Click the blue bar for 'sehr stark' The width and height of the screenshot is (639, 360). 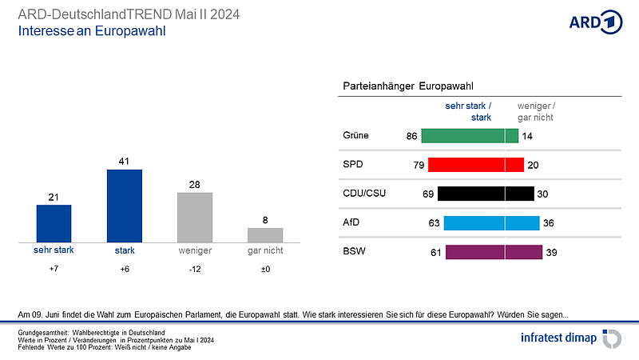pos(54,223)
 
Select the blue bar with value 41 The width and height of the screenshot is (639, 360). pos(125,206)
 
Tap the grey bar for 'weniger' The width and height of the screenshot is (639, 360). pos(195,217)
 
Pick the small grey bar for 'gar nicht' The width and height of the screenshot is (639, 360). pos(265,234)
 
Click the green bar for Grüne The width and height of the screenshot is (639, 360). pos(470,136)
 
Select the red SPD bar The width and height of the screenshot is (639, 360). pos(476,165)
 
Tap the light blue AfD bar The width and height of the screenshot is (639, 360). pos(491,223)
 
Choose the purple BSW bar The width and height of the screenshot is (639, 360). pos(493,252)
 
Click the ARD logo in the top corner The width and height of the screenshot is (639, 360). pos(595,22)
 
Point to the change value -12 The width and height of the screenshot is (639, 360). pos(195,270)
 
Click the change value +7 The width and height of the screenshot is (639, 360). pos(54,270)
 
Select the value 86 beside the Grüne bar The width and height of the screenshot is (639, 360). pos(412,136)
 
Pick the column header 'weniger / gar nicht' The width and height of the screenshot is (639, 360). pos(536,111)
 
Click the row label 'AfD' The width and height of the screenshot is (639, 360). pos(350,223)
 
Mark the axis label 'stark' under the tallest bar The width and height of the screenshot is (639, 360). pos(125,250)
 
